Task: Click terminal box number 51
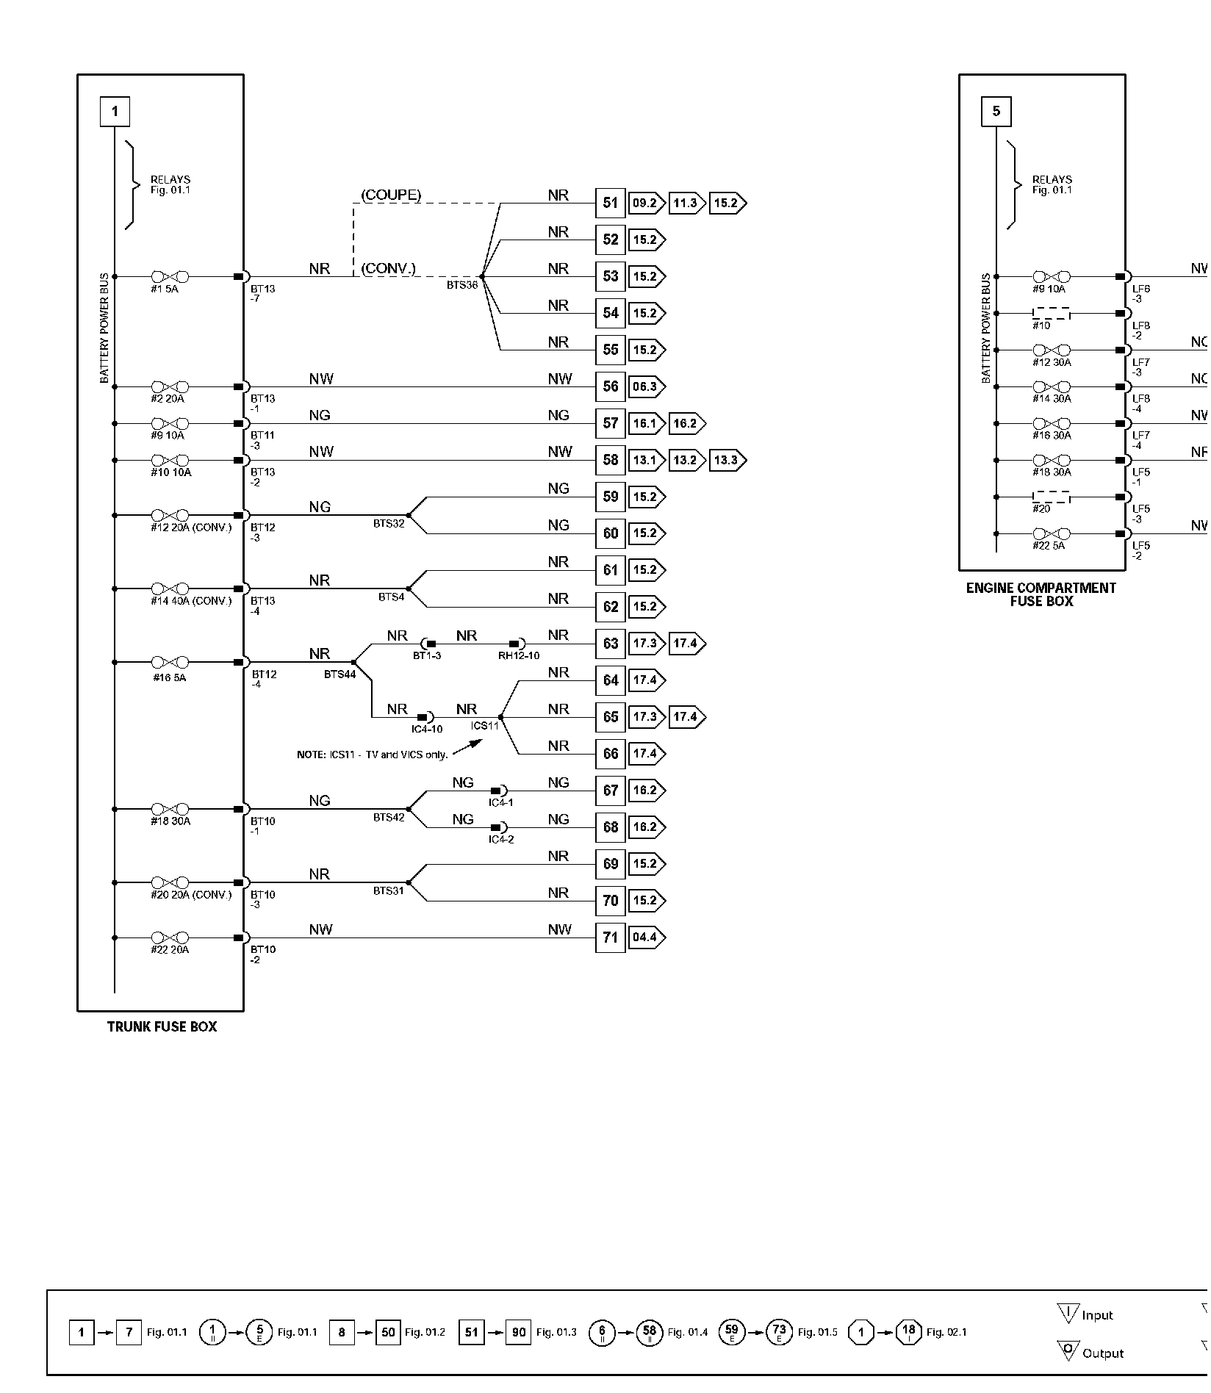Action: click(x=610, y=203)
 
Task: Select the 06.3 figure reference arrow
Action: click(x=646, y=386)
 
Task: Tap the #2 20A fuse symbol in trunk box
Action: click(x=170, y=386)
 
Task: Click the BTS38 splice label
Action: click(x=462, y=285)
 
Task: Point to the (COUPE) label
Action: click(x=391, y=195)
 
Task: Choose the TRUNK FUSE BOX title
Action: click(x=162, y=1027)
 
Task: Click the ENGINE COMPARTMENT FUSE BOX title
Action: click(x=1041, y=594)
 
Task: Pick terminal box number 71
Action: click(x=610, y=937)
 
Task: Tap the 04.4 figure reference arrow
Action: click(x=646, y=937)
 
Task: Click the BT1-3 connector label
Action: click(x=427, y=655)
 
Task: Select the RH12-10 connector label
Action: click(x=519, y=655)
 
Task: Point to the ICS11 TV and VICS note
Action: click(x=372, y=755)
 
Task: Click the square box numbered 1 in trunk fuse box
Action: click(x=115, y=112)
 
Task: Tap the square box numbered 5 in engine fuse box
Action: click(x=996, y=112)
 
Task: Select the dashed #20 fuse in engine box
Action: click(x=1051, y=497)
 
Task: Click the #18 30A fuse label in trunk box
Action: click(x=170, y=821)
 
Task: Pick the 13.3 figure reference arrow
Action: click(x=727, y=460)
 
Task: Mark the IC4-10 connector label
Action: click(x=427, y=729)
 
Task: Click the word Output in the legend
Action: click(x=1103, y=1353)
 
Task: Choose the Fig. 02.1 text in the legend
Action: click(x=946, y=1332)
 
